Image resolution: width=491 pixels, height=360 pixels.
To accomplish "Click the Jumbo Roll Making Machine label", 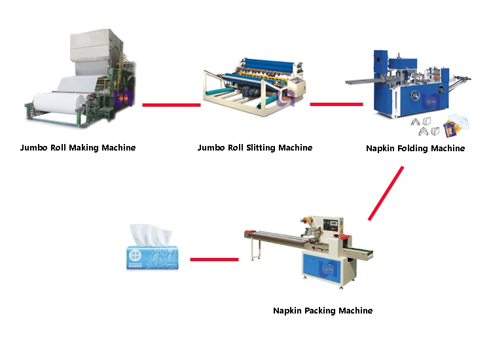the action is (x=78, y=148).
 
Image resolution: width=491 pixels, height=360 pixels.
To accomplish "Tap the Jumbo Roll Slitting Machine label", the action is (x=255, y=148).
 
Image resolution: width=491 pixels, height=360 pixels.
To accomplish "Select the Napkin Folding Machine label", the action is (x=415, y=149).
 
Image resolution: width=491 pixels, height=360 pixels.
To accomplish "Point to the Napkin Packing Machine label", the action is (x=323, y=310).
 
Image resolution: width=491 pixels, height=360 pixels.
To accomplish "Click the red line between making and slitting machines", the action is (x=171, y=104).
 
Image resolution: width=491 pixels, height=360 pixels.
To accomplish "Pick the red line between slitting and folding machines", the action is (x=336, y=103).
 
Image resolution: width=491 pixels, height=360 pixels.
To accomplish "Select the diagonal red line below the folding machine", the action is (x=386, y=192).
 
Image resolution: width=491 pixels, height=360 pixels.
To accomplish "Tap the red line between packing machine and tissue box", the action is (x=213, y=259).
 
